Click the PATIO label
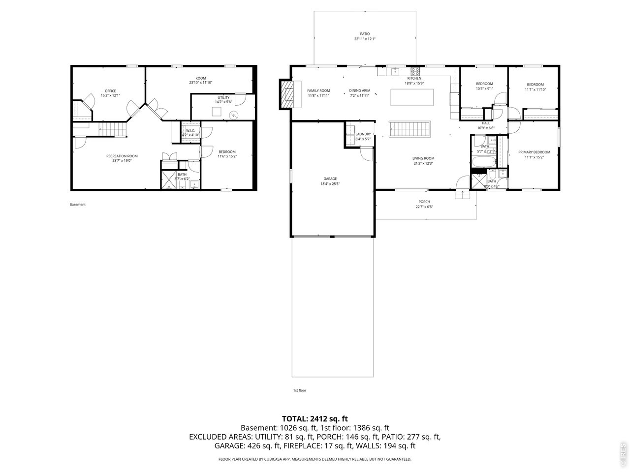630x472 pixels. [x=364, y=34]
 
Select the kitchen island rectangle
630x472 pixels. [x=412, y=97]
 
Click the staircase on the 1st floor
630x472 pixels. [x=410, y=130]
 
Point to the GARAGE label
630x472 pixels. [x=330, y=178]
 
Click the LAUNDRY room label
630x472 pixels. [x=363, y=134]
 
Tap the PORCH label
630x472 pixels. [x=424, y=202]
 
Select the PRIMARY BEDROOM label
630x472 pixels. [x=534, y=152]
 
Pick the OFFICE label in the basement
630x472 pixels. [x=110, y=91]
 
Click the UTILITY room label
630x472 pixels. [x=223, y=98]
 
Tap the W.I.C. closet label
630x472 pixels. [x=190, y=130]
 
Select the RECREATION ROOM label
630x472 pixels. [x=119, y=156]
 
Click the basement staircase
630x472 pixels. [x=113, y=130]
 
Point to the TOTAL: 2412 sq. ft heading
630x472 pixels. [x=315, y=419]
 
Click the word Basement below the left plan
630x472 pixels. [x=77, y=205]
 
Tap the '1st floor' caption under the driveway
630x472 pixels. [x=299, y=390]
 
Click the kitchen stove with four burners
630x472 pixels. [x=415, y=71]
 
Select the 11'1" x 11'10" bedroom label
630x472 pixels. [x=535, y=85]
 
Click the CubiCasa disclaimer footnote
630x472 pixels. [x=315, y=459]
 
